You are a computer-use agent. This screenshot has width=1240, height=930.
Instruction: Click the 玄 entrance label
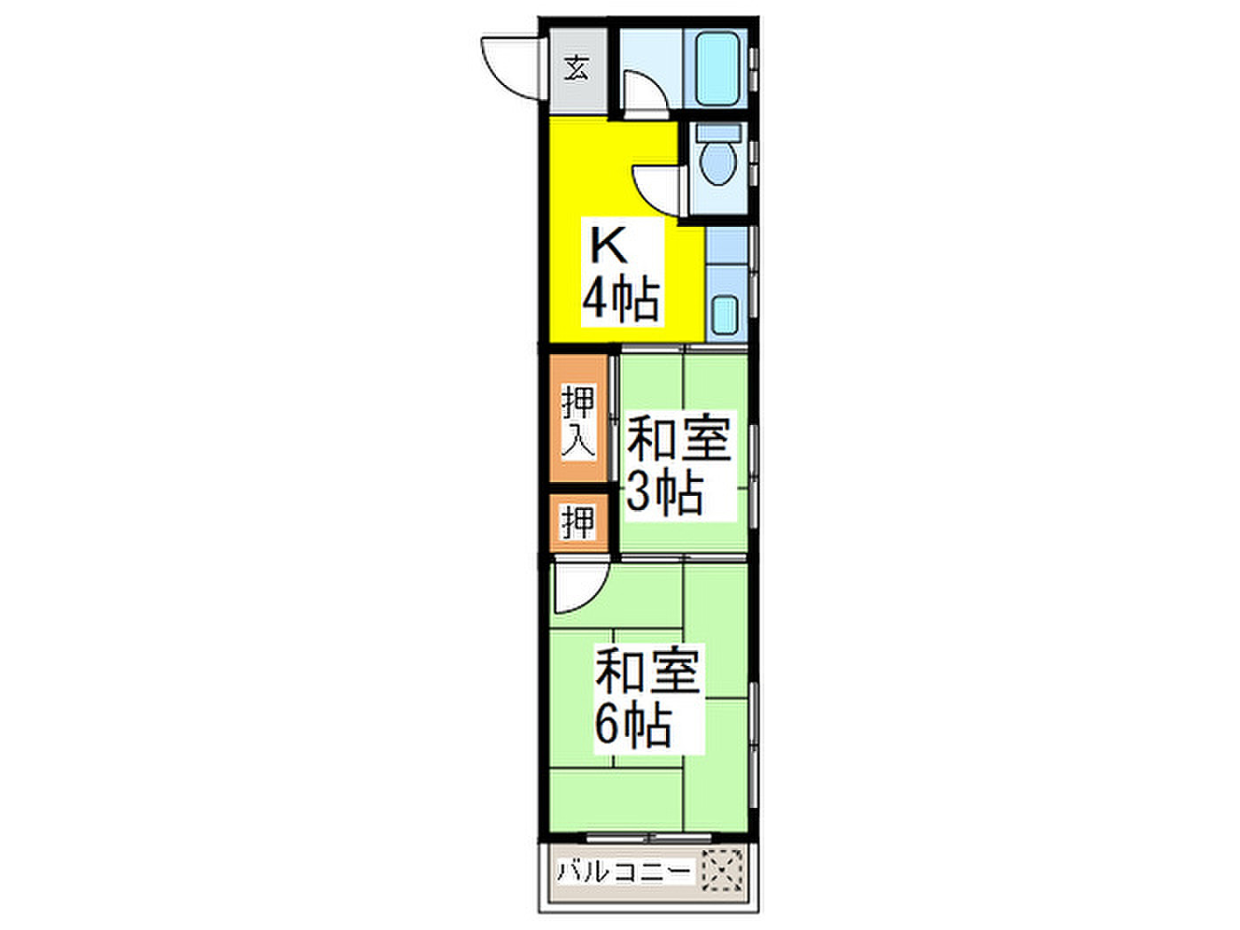coord(577,69)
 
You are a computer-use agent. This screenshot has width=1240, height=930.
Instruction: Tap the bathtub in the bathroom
coord(717,68)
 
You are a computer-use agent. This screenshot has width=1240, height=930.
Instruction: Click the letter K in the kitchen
coord(608,245)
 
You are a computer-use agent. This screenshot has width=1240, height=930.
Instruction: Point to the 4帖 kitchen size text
coord(621,299)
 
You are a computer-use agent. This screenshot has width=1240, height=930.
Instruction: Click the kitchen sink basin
coord(725,315)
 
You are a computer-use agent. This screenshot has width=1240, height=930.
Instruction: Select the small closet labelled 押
coord(578,523)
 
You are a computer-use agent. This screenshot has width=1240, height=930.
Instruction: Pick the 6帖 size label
coord(632,725)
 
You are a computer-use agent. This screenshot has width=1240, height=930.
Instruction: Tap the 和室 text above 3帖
coord(679,438)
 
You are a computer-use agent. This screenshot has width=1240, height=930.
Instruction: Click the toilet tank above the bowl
coord(718,133)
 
